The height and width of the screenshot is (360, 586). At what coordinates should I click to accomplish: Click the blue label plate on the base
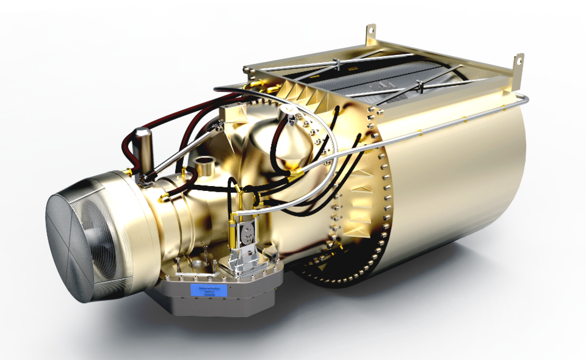click(209, 290)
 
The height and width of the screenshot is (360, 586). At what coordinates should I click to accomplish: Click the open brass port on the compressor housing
click(203, 165)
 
